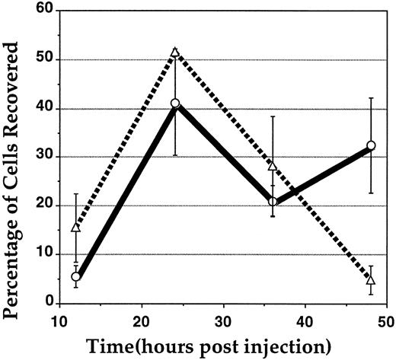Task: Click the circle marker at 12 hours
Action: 76,276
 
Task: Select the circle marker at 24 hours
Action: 175,103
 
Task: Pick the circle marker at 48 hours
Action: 372,145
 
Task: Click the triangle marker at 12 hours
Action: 76,227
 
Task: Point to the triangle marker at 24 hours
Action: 175,53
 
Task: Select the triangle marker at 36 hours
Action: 273,165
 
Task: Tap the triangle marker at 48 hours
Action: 372,280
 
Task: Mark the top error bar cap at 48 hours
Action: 372,98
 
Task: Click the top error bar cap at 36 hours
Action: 273,116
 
